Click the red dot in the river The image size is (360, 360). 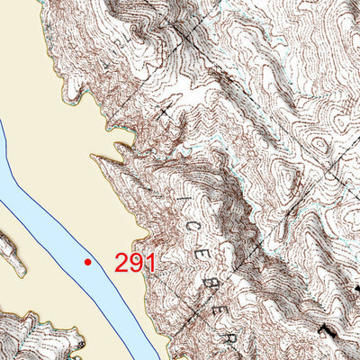tap(87, 262)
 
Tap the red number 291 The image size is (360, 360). tap(136, 263)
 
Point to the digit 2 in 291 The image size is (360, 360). tap(122, 263)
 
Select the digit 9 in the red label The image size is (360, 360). tap(137, 263)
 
